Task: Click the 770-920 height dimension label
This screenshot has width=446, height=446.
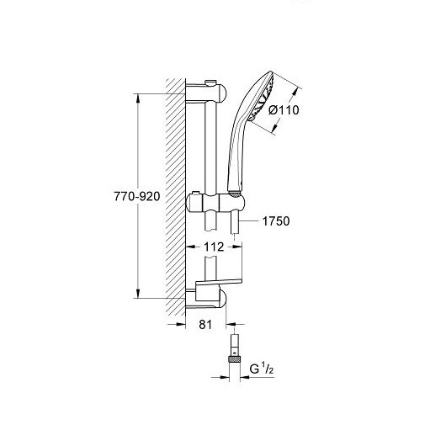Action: coord(137,196)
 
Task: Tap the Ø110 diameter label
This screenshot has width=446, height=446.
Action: coord(284,110)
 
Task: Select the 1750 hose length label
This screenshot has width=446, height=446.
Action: coord(276,221)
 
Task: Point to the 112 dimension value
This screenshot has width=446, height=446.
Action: coord(214,247)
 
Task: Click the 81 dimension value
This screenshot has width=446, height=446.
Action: coord(205,324)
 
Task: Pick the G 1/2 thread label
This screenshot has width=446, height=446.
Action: coord(262,369)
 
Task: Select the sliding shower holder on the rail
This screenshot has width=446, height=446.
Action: coord(215,203)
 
